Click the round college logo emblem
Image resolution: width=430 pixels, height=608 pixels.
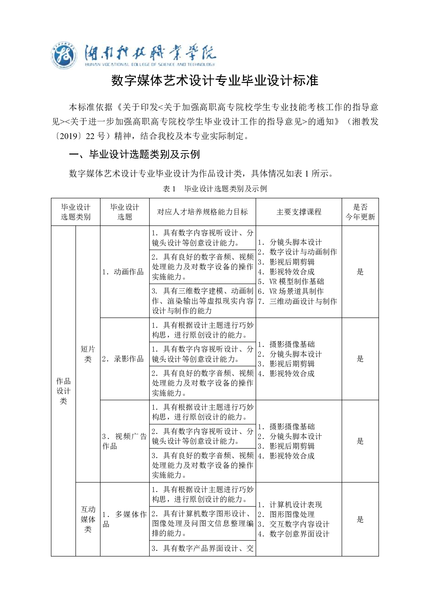64,57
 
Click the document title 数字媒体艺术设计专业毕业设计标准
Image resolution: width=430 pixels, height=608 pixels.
215,81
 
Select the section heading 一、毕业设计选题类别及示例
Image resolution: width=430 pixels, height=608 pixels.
134,155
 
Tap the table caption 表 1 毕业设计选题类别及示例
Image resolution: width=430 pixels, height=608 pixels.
215,188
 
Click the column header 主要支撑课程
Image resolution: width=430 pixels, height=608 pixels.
299,212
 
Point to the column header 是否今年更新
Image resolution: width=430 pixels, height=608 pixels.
360,212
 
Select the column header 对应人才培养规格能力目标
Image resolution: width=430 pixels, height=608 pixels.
202,212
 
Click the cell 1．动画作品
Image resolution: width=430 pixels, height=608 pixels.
123,272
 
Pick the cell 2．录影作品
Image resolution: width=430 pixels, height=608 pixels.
123,359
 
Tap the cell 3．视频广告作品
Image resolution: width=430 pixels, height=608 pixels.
124,441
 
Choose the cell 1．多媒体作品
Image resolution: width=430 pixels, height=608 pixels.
124,519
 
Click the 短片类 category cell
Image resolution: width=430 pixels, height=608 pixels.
88,354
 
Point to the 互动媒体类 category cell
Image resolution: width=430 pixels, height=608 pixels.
88,519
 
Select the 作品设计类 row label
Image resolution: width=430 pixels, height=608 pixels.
63,391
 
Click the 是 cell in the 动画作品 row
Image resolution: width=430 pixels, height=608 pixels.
360,272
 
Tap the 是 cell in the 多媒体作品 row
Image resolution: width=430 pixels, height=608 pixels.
360,519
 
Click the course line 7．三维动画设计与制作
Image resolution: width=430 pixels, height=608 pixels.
297,301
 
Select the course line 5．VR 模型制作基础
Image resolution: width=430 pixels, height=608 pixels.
291,282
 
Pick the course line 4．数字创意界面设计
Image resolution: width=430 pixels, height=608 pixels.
294,534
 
